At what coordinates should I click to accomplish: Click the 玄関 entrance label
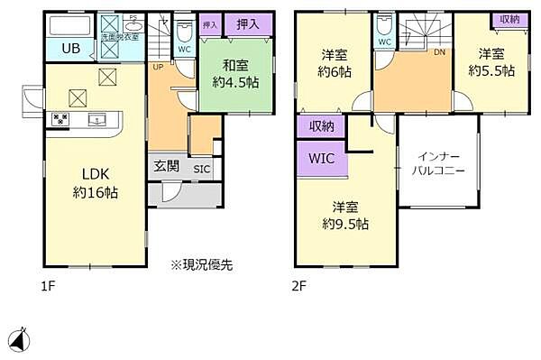[166, 166]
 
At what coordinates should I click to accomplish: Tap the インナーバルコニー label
[437, 162]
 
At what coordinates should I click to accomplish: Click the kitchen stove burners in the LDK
[61, 118]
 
